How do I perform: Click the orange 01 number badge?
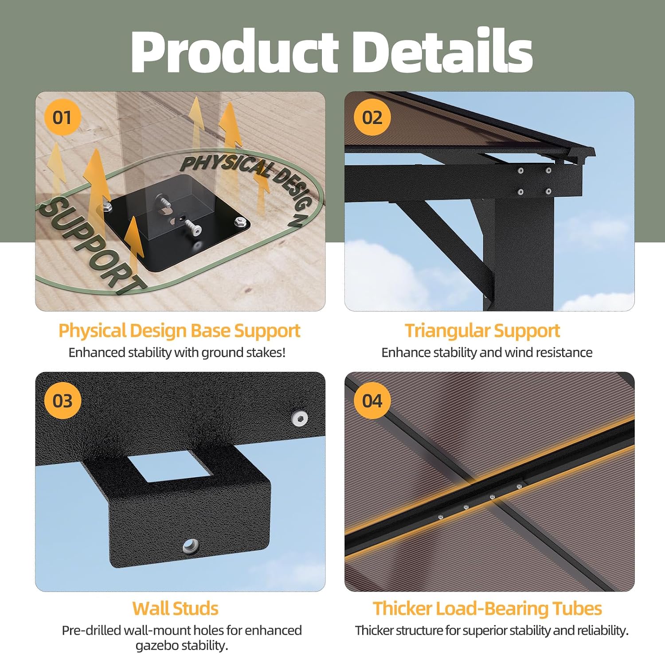[62, 117]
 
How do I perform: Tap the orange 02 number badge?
[372, 117]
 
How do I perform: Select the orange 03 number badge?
[62, 401]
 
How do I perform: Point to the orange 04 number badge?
[372, 401]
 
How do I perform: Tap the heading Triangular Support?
[482, 331]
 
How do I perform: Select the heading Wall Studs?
[176, 608]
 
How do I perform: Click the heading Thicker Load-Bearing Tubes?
[487, 608]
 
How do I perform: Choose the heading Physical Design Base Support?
[180, 331]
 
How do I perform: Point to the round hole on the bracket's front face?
[191, 545]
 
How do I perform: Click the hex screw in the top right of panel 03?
[300, 418]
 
